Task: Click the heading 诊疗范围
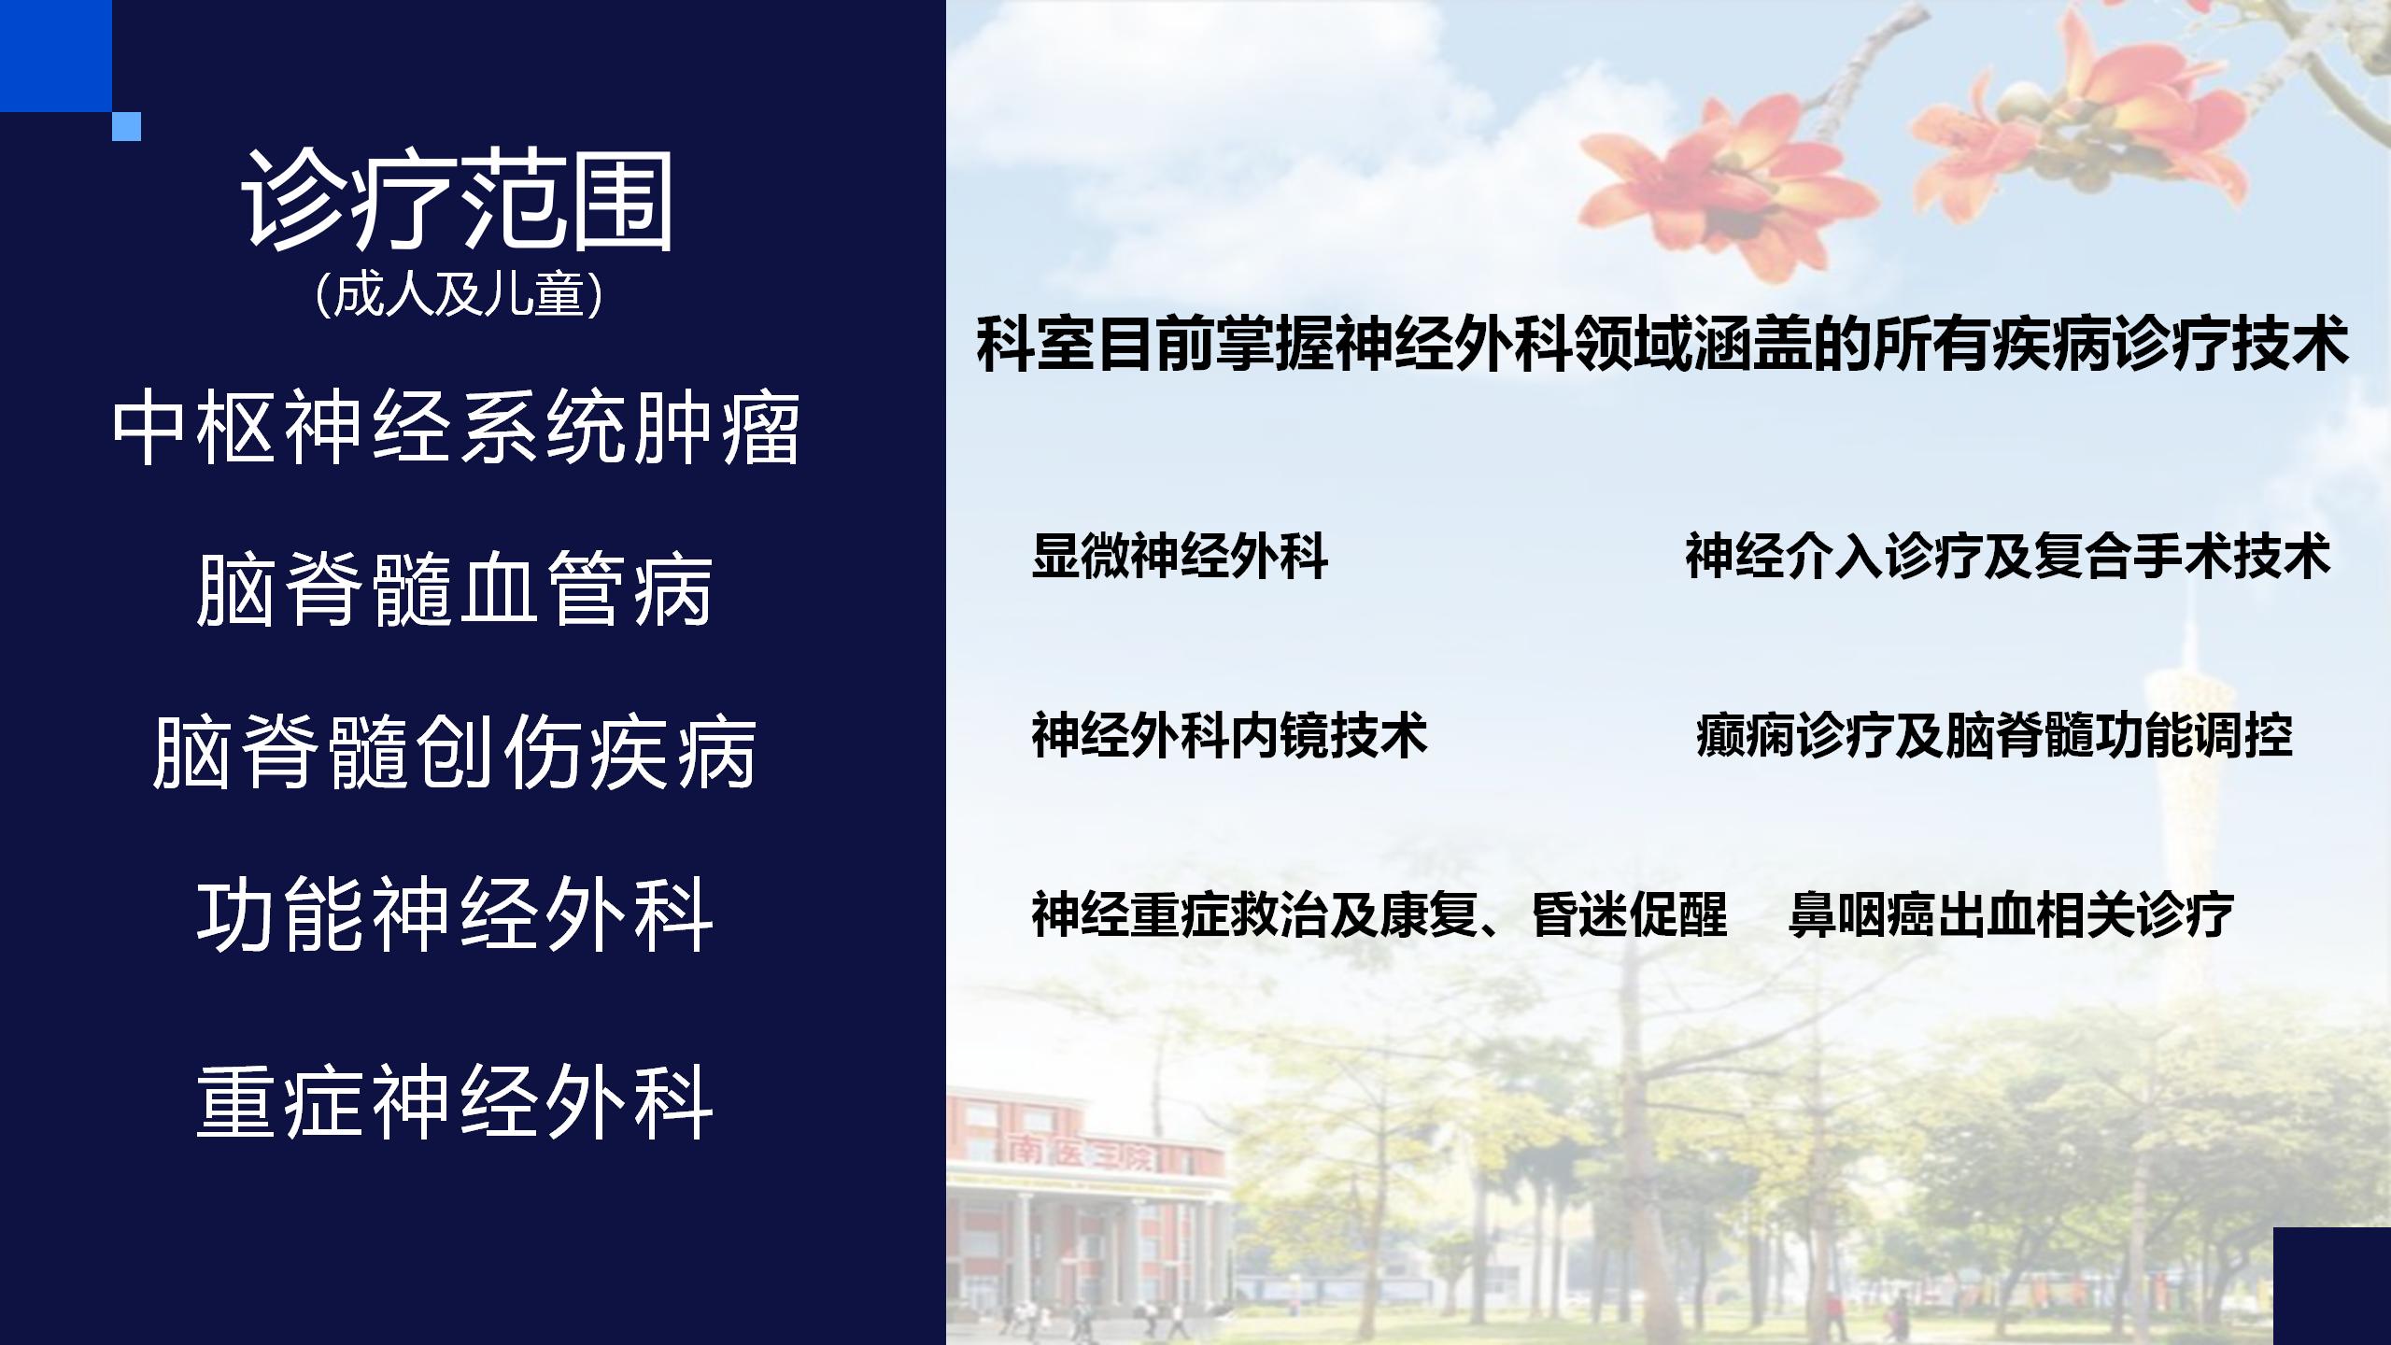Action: pos(458,203)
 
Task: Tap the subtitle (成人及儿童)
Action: pos(459,295)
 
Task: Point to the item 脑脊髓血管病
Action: pos(456,588)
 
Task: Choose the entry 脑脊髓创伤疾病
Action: pos(455,752)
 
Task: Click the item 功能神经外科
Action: pos(456,914)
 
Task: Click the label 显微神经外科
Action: pos(1180,557)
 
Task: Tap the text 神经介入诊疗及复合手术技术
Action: pos(2009,557)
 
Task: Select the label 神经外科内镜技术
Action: pos(1229,736)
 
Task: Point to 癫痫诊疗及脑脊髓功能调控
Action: pos(1994,736)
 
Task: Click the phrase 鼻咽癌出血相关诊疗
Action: pos(2011,914)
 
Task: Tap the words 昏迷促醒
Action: pos(1630,914)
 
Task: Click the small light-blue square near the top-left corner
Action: pos(126,126)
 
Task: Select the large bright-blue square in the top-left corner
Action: pos(56,56)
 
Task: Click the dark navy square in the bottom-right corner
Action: pos(2332,1286)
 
